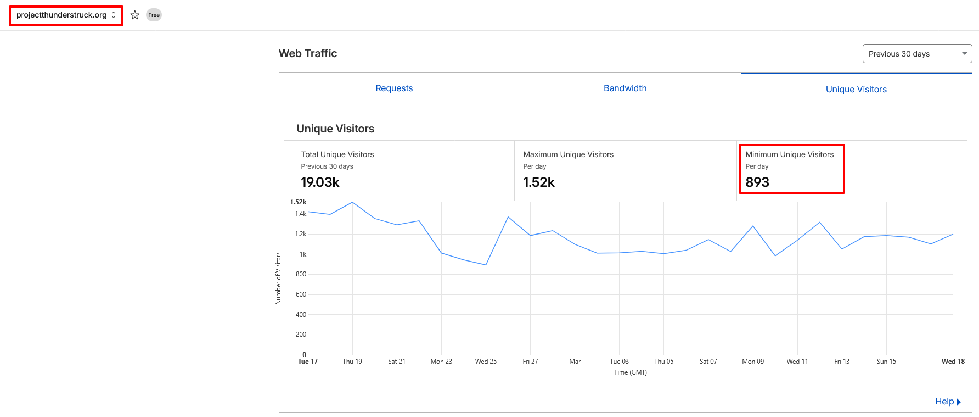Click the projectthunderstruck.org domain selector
66,15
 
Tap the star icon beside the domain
135,15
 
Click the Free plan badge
154,15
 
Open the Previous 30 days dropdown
916,54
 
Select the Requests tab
394,88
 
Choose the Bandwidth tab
625,88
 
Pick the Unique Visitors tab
856,89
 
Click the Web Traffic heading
308,53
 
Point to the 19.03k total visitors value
320,182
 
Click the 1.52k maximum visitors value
539,182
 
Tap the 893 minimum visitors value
757,182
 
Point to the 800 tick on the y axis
301,274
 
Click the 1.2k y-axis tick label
301,234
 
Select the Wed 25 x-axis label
486,362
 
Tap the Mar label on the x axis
575,362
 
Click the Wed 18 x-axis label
953,362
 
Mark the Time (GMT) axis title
630,372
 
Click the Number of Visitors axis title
278,278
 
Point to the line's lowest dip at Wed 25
486,265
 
